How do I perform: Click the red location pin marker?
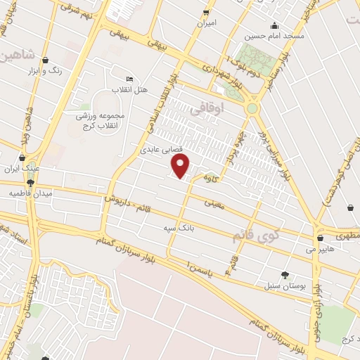(x=181, y=166)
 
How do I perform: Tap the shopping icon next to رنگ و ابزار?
(x=46, y=60)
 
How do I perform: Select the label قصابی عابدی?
(x=162, y=150)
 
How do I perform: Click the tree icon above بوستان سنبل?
(x=284, y=274)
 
